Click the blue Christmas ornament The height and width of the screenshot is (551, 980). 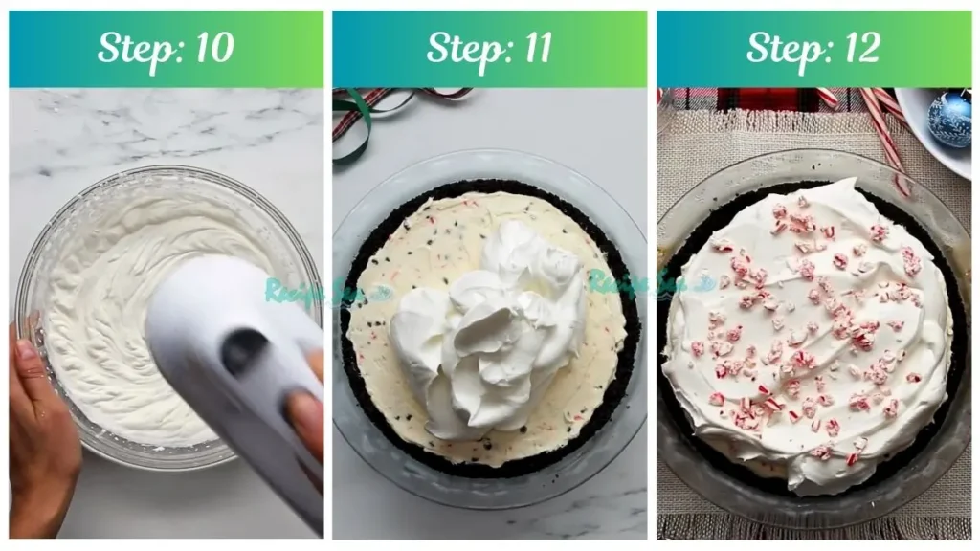tap(949, 120)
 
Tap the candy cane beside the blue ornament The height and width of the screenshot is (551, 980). tap(885, 134)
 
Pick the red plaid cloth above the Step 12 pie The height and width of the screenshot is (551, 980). tap(756, 99)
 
